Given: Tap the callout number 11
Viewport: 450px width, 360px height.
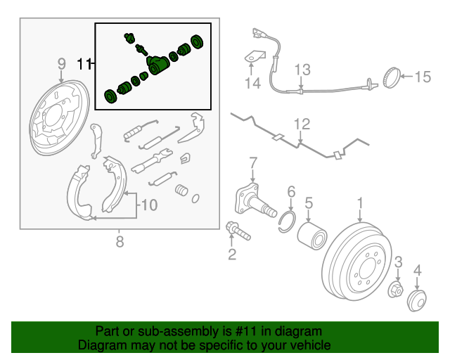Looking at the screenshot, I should coord(84,65).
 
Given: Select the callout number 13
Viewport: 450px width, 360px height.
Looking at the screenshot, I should coord(302,70).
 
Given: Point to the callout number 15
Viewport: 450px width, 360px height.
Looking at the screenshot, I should coord(422,77).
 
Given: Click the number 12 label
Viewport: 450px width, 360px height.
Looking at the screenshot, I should coord(302,124).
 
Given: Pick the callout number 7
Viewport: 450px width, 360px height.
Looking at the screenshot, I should coord(254,164).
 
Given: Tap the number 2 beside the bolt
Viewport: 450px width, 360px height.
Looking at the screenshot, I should coord(232,254).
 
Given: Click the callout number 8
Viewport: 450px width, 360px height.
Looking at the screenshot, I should coord(119,243).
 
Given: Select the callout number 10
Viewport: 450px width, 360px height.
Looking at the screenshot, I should coord(148,205).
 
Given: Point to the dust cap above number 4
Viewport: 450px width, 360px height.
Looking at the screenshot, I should coord(416,300).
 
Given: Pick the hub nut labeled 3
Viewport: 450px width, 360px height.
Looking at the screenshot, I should coord(396,289).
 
